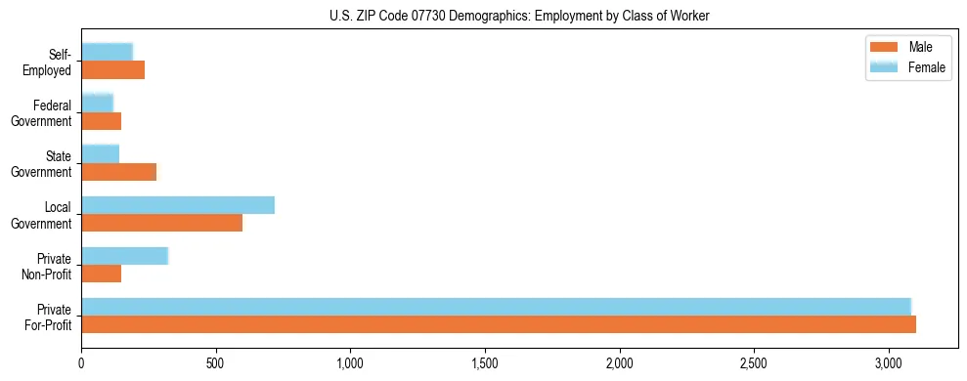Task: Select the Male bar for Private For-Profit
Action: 499,324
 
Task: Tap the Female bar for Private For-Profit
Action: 496,306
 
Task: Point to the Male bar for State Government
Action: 119,172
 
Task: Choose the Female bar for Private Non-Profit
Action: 125,256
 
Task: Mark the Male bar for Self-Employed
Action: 113,70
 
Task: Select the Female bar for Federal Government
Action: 98,103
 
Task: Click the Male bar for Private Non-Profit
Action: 102,274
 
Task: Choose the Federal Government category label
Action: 45,112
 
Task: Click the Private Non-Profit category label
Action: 46,266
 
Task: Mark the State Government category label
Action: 45,163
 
